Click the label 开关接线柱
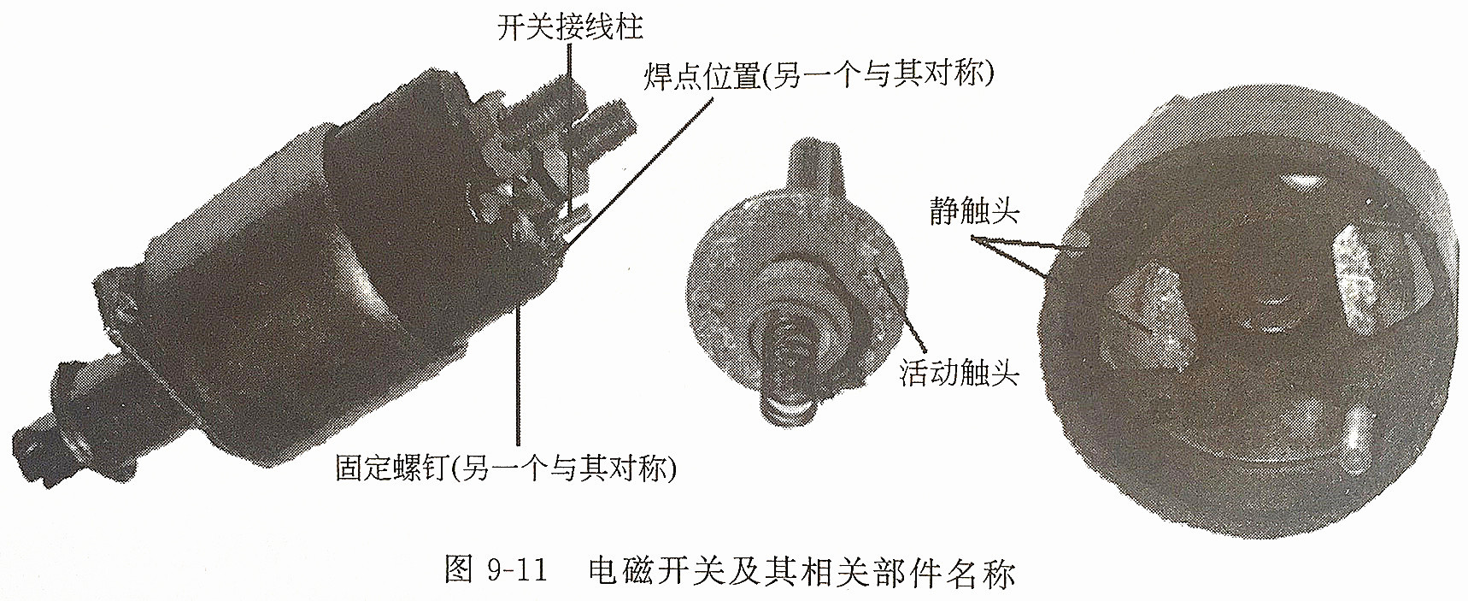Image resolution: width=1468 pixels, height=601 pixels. point(570,27)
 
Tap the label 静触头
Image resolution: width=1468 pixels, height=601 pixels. point(974,211)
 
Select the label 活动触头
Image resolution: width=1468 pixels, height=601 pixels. point(959,373)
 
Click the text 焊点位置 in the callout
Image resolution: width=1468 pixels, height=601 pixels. point(702,76)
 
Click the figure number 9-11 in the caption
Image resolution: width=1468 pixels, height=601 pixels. point(520,570)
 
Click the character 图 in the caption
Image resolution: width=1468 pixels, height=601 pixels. point(459,570)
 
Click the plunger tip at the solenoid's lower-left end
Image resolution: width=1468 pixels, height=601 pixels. point(43,445)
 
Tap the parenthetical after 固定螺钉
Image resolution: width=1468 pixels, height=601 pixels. point(564,468)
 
